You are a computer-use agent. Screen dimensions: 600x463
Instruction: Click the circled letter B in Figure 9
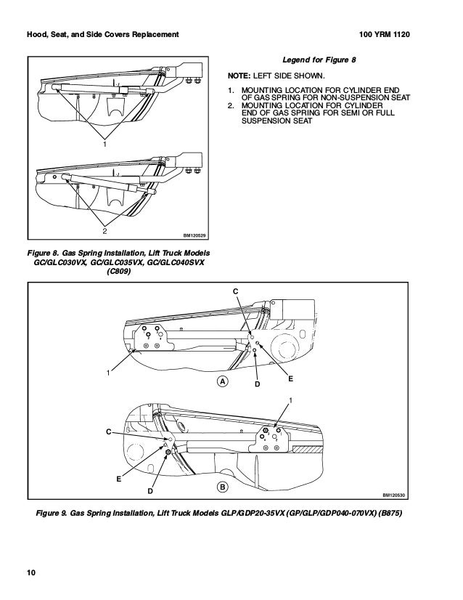click(222, 486)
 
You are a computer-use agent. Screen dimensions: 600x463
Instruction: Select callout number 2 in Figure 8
click(105, 231)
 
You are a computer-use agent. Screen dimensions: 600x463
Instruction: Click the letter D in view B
click(150, 492)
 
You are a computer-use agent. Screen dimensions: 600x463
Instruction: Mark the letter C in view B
click(108, 432)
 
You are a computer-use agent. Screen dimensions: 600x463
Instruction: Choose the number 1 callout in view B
click(291, 401)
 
